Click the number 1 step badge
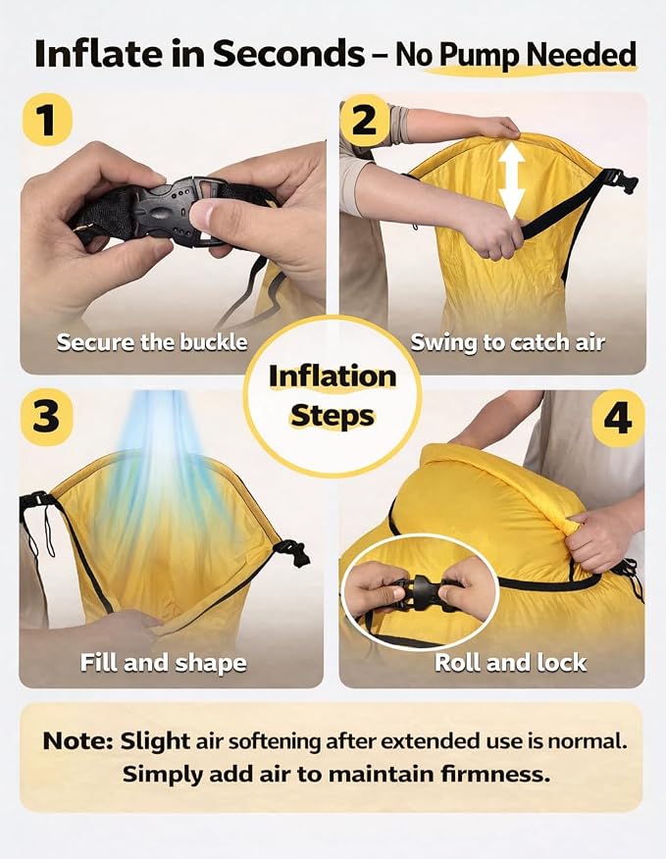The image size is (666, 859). (x=47, y=120)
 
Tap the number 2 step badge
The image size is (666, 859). (x=365, y=120)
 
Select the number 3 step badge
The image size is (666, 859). (x=47, y=417)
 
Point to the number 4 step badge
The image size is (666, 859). (x=618, y=419)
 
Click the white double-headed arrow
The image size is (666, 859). (x=511, y=179)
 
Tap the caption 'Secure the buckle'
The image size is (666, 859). (x=152, y=342)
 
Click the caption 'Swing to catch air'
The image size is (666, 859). (x=507, y=343)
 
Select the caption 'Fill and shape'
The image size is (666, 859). (x=164, y=663)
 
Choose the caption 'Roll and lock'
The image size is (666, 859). (x=510, y=663)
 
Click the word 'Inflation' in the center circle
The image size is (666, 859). (x=333, y=377)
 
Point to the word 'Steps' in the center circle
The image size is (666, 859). (x=333, y=416)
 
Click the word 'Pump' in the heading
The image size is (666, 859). (x=481, y=55)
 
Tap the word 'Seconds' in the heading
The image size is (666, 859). (x=289, y=54)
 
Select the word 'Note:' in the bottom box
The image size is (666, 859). (x=78, y=741)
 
